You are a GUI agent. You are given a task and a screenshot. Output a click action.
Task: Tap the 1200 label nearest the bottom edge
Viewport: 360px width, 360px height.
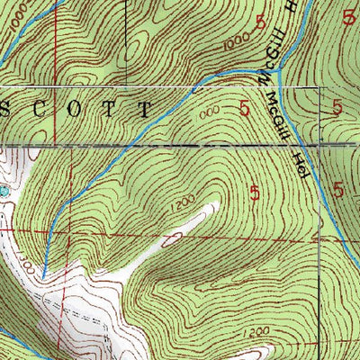(256, 333)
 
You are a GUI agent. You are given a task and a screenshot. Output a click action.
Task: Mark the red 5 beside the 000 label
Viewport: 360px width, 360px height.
(245, 108)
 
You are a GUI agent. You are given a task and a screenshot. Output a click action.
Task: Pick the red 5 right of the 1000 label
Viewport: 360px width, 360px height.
(261, 28)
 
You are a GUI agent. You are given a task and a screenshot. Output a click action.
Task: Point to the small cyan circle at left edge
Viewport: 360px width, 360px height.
(3, 191)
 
